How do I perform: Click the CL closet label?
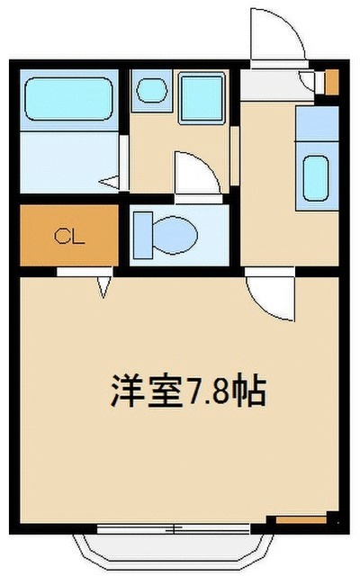[69, 238]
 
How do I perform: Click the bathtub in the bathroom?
[70, 100]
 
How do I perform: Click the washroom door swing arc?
[195, 173]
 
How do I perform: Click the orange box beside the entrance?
[331, 82]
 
